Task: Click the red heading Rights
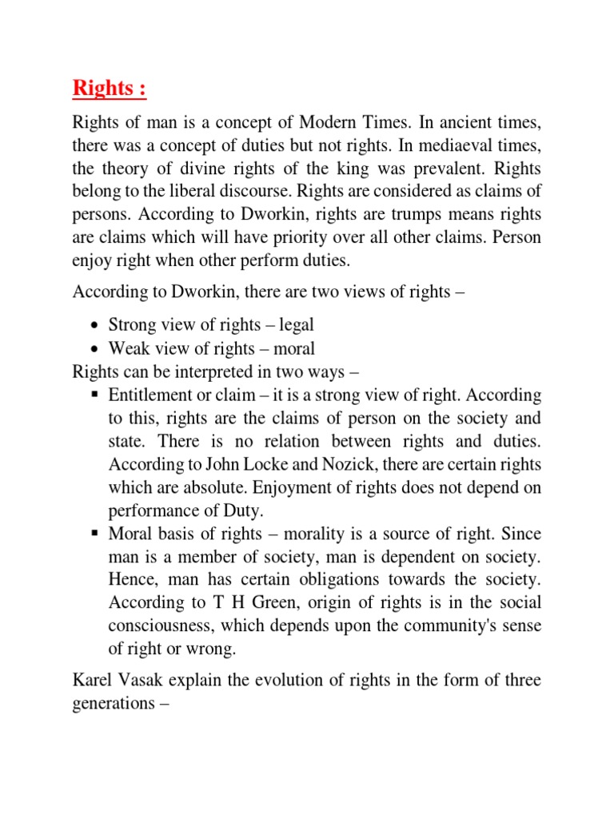coord(110,88)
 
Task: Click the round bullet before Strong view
coord(95,326)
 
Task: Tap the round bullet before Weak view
coord(95,349)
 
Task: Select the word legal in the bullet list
coord(293,325)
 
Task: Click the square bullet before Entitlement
coord(94,395)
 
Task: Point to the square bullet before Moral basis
coord(94,534)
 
